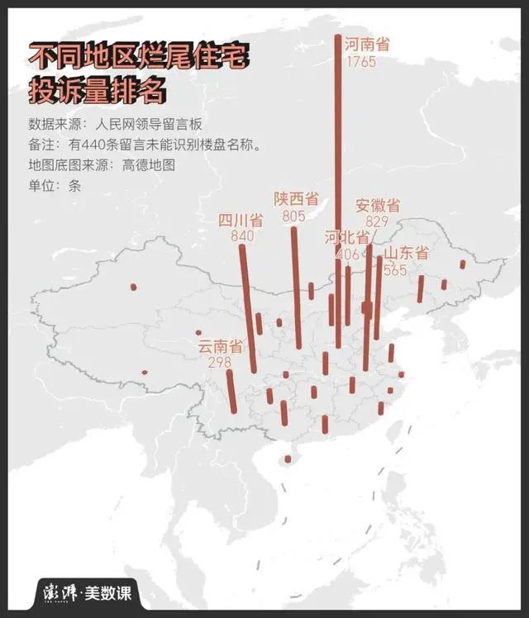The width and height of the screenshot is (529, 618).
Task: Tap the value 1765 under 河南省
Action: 361,62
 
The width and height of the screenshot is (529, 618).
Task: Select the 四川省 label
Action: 241,221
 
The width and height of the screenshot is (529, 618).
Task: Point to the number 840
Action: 242,236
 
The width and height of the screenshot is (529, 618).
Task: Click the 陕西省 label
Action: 296,199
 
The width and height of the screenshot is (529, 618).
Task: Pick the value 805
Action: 293,216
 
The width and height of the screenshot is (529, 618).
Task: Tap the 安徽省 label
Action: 378,206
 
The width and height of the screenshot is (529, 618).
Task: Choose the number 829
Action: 376,221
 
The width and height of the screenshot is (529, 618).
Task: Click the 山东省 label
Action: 407,254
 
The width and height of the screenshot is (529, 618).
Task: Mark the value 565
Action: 395,269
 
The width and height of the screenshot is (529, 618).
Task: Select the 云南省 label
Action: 221,347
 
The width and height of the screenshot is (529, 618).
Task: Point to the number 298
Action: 219,364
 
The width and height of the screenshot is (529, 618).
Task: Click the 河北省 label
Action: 346,238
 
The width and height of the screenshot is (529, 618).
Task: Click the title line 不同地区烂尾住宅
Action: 137,56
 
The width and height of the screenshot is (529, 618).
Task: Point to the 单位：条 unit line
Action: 55,185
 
